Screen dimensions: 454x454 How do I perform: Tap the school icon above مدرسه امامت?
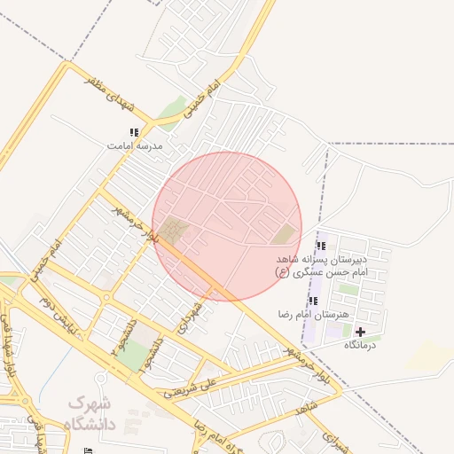click(135, 132)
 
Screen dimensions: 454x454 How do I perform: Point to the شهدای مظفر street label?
click(111, 91)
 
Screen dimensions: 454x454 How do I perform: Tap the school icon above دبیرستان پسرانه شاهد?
click(321, 246)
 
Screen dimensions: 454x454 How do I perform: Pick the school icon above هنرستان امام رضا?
click(313, 301)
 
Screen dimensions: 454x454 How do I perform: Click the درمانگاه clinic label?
click(360, 344)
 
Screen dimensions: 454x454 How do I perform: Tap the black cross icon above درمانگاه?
click(360, 332)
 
